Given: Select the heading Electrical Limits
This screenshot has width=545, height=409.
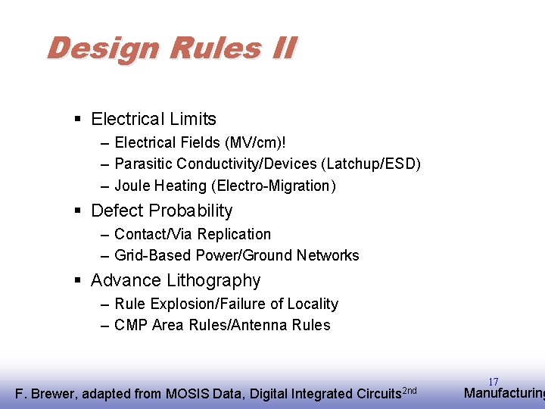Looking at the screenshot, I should [x=153, y=119].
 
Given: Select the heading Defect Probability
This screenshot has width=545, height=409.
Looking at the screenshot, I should [x=161, y=211].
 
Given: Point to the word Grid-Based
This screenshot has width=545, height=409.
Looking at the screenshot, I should [x=153, y=255].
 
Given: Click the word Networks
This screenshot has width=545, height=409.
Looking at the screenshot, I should [x=328, y=255].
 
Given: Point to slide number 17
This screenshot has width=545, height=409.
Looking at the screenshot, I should [x=494, y=382].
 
